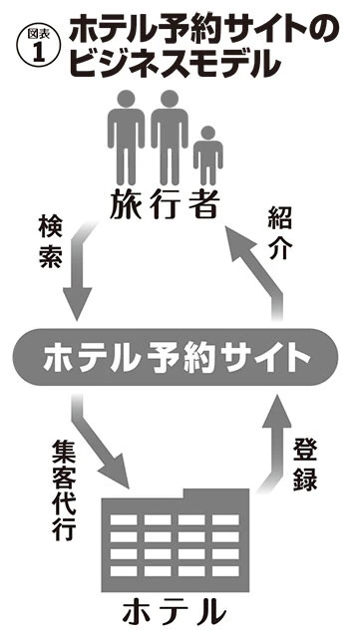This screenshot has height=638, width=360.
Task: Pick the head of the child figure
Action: [206, 134]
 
